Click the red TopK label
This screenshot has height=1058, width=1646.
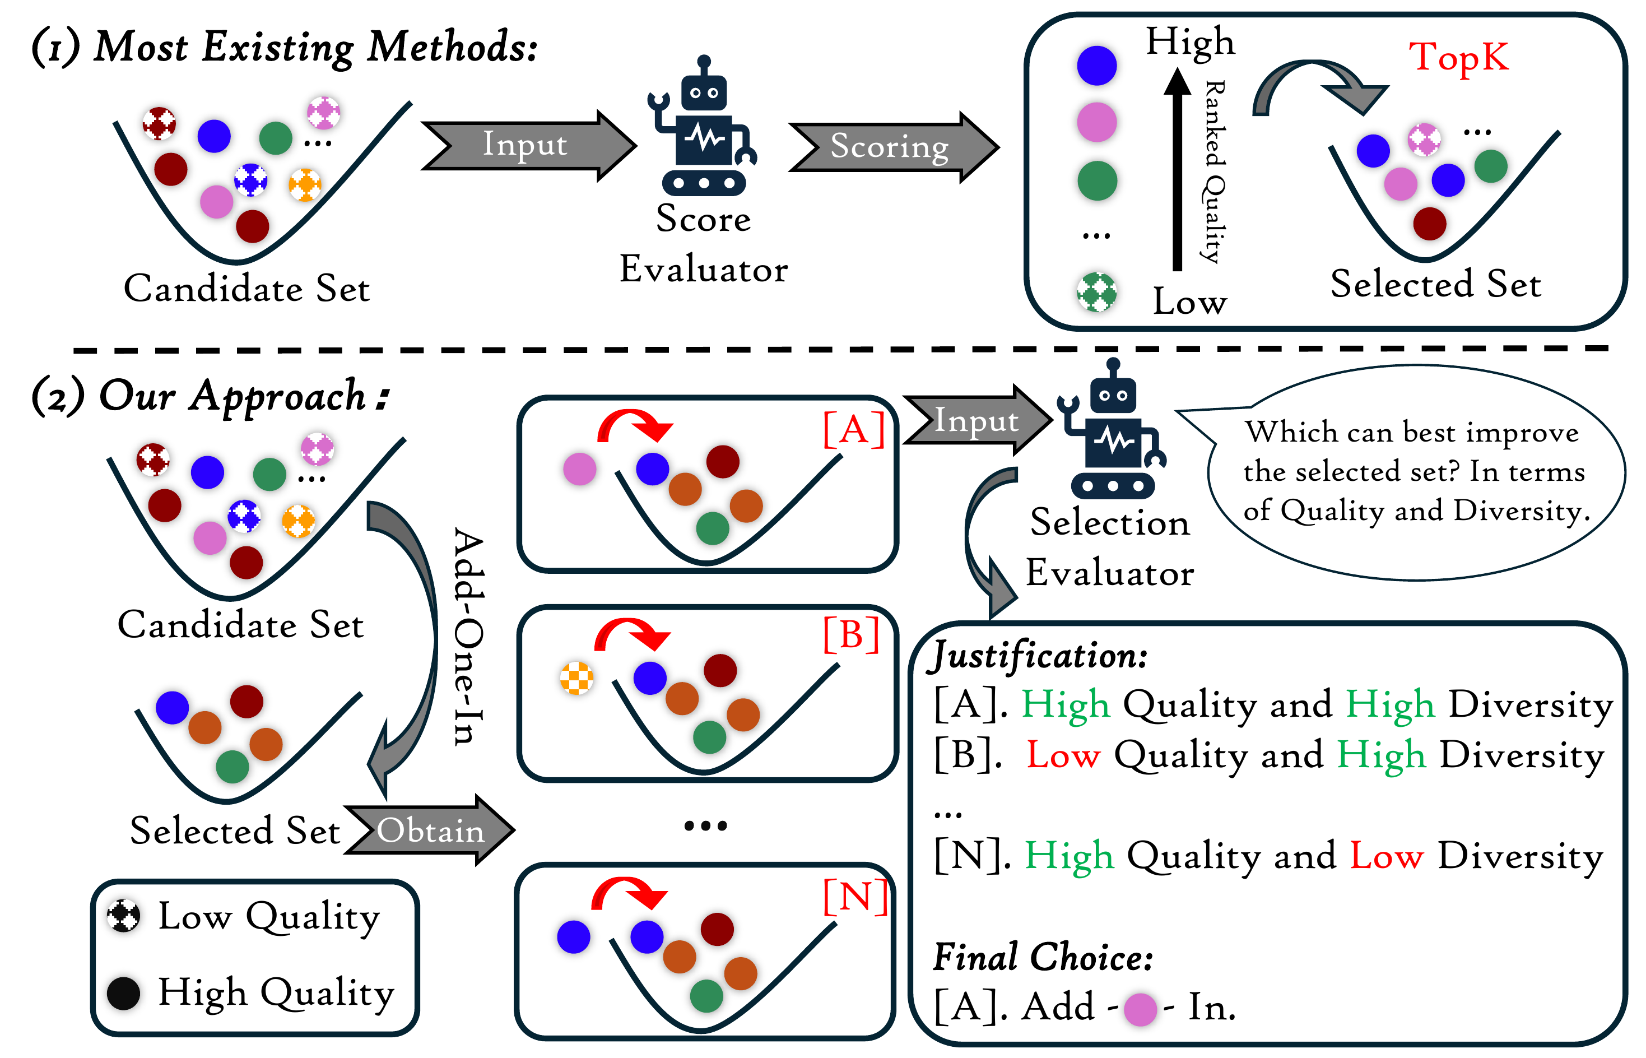coord(1458,57)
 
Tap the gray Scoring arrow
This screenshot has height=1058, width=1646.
coord(892,147)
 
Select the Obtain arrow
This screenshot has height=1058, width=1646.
coord(429,829)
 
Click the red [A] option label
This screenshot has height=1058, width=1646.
coord(854,429)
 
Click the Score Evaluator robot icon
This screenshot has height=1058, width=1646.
coord(703,126)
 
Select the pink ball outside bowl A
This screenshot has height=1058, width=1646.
coord(579,469)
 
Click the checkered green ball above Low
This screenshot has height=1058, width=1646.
coord(1096,292)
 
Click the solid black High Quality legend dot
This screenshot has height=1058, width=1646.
coord(124,993)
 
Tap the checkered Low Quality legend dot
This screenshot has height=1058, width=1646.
coord(124,916)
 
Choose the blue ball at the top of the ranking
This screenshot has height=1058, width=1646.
coord(1096,65)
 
